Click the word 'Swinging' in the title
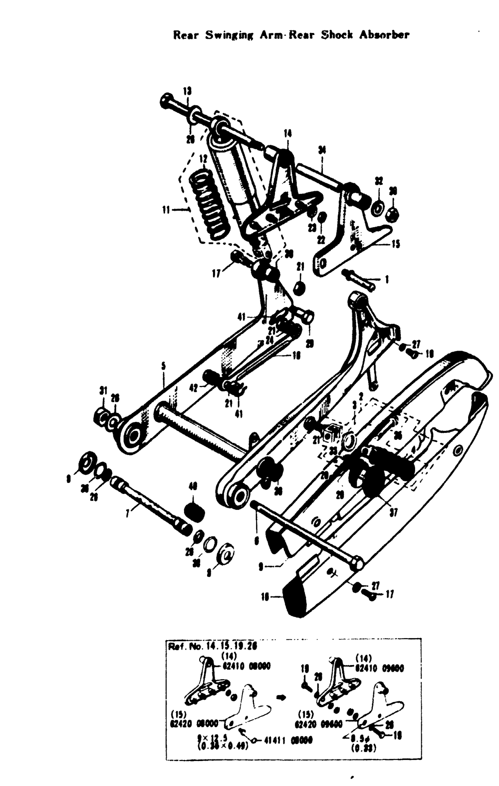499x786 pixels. tap(229, 35)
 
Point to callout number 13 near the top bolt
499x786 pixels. tap(187, 91)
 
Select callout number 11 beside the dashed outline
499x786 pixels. tap(167, 210)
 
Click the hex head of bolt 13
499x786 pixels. tap(166, 102)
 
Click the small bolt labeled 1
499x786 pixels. tap(359, 280)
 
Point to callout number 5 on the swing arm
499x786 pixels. tap(163, 367)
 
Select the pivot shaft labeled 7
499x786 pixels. tap(150, 504)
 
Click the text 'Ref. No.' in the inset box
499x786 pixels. tap(183, 646)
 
